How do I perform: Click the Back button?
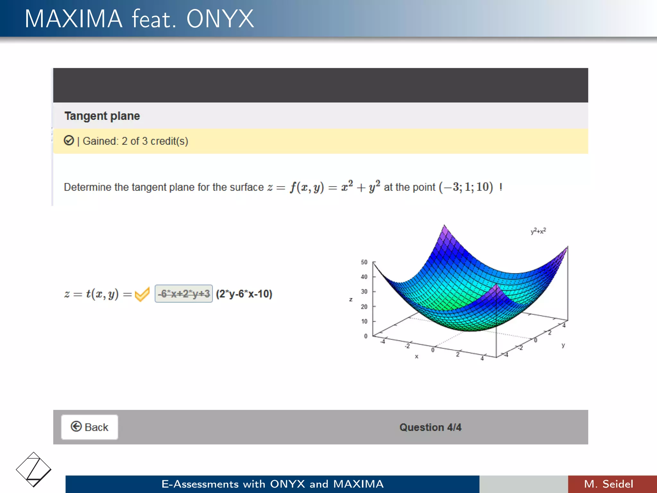(x=90, y=427)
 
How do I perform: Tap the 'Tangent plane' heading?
(x=102, y=116)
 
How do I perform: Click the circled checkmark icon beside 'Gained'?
(x=69, y=141)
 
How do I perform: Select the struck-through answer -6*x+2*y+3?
(x=183, y=294)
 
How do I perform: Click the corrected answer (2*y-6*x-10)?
(x=244, y=294)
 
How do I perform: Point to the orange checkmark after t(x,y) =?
(x=142, y=294)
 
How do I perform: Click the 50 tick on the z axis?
(x=364, y=262)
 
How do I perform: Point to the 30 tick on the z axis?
(x=364, y=291)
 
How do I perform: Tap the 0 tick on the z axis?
(x=365, y=336)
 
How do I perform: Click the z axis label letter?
(x=351, y=299)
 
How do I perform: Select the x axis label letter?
(x=416, y=356)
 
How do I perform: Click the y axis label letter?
(x=563, y=345)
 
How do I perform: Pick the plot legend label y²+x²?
(x=538, y=231)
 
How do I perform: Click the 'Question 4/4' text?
(x=430, y=427)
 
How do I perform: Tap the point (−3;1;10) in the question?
(x=466, y=187)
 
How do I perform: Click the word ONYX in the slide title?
(x=220, y=19)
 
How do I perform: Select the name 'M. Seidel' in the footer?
(x=609, y=484)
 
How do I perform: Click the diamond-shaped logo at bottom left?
(x=33, y=470)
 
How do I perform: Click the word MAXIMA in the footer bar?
(x=358, y=484)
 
